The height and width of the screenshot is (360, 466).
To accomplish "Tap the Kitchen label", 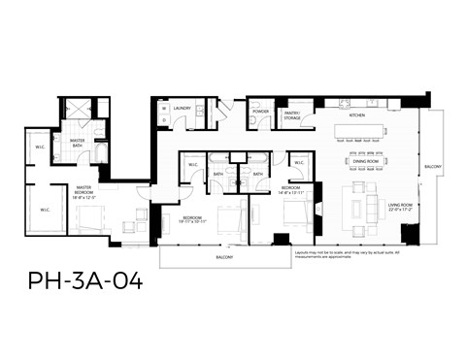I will (x=356, y=115).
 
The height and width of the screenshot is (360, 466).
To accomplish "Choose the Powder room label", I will (x=260, y=112).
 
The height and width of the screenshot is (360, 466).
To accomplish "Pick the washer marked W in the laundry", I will (x=164, y=109).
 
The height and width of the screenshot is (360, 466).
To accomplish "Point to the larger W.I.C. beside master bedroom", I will (x=45, y=208).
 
